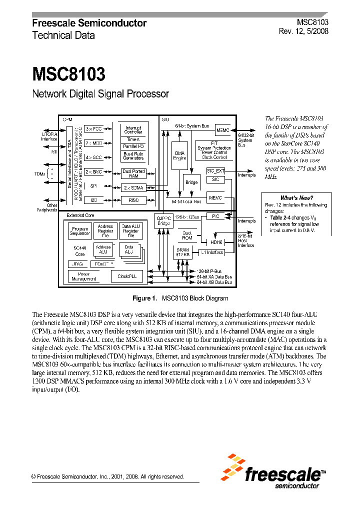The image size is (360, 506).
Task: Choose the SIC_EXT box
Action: [x=215, y=171]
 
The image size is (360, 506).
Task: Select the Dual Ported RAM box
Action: [x=133, y=173]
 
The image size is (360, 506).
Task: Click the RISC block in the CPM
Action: [x=133, y=199]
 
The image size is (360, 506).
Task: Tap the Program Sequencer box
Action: [x=79, y=230]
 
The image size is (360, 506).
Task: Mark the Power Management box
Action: [x=83, y=276]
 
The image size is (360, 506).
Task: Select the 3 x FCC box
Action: [x=93, y=129]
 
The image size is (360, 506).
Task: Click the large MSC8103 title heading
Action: [x=68, y=74]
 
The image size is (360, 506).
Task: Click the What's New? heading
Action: [x=296, y=198]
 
